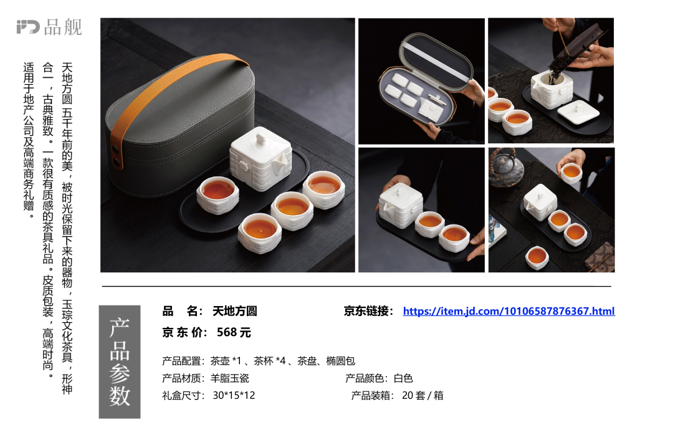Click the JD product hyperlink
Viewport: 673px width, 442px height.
508,311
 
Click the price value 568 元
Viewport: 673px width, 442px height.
234,332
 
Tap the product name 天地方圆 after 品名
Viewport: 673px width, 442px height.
235,311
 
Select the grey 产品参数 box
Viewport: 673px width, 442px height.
120,362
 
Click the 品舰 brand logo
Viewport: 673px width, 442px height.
49,27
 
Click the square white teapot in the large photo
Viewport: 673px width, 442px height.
260,158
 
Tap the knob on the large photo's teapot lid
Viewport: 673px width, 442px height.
261,139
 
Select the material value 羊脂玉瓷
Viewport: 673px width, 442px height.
229,378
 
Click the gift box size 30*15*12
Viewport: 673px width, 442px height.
234,395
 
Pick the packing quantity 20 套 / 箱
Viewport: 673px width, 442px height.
422,395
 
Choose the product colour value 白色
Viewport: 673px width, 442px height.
403,378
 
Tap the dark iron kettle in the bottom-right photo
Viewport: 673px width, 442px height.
507,168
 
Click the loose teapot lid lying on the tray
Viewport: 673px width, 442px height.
578,112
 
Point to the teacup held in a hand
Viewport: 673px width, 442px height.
571,173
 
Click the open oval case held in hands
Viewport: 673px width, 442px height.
426,79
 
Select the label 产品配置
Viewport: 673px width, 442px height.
181,361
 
